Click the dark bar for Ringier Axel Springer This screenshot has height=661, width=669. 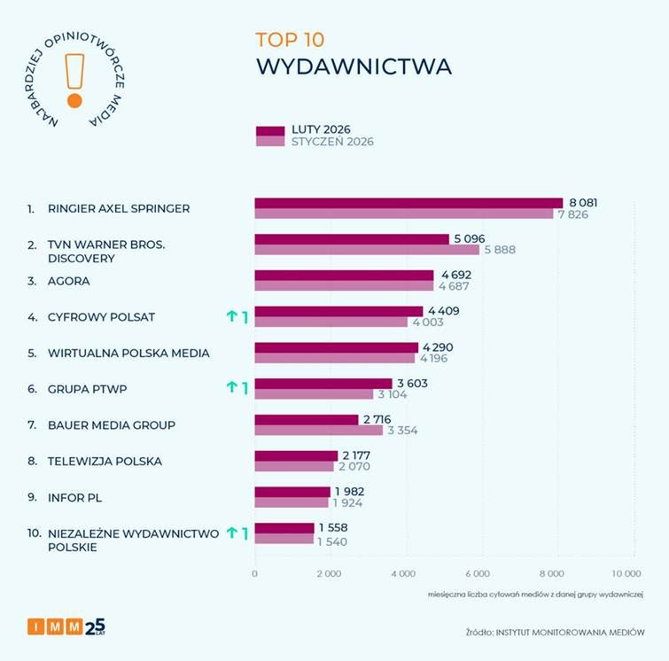408,203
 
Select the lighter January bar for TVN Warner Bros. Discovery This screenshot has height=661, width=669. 367,250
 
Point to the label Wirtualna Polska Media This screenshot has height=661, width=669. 129,353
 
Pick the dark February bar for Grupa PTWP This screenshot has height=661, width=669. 323,384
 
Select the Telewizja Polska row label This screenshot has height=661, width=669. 105,462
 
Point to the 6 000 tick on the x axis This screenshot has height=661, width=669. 478,574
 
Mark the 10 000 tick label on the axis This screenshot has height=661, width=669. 625,574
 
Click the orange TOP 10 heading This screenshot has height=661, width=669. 290,40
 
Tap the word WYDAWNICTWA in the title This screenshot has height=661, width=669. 354,67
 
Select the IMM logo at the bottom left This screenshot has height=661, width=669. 66,627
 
